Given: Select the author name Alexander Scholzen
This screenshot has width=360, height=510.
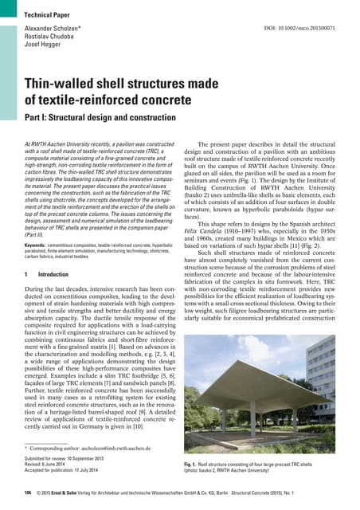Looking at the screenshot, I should click(x=56, y=29).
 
